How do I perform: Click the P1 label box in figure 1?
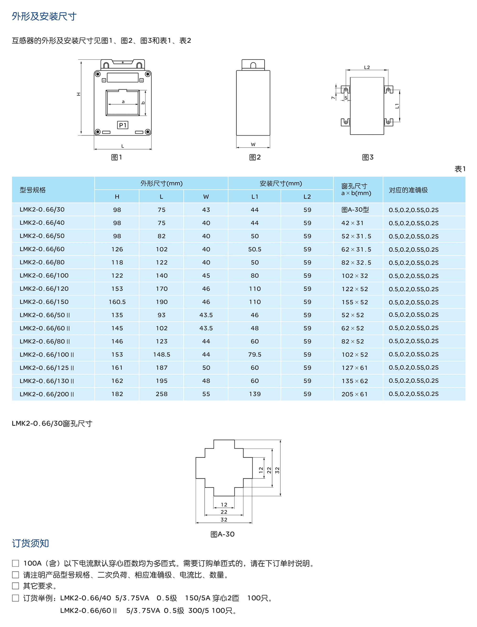point(123,125)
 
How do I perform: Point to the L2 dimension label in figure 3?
point(367,67)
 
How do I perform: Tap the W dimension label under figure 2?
point(253,144)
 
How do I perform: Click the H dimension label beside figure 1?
point(78,94)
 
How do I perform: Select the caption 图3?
point(368,157)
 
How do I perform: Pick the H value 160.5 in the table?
point(117,302)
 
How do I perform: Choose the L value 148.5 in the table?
point(161,355)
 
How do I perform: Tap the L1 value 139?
point(255,394)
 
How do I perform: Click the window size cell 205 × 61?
point(354,394)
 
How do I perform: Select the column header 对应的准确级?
point(408,190)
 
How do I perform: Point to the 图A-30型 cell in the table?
point(355,210)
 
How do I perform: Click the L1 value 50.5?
point(255,249)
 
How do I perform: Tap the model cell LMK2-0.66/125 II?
point(47,368)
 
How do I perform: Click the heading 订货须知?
point(30,543)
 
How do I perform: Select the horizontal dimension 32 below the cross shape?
point(224,520)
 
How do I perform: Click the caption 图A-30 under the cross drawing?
point(223,534)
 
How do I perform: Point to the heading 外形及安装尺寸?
point(44,16)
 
